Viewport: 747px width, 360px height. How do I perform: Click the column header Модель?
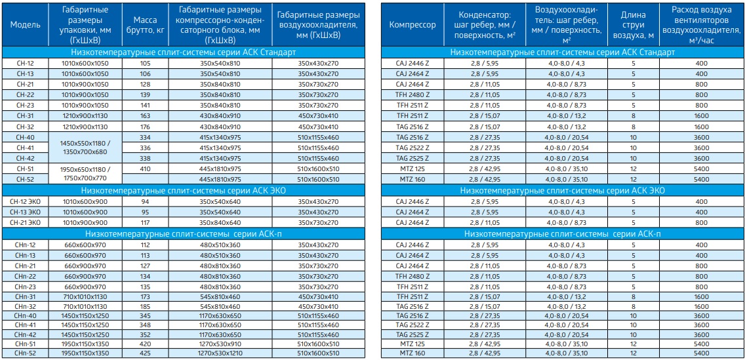point(25,25)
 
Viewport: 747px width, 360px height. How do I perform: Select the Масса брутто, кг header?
point(145,25)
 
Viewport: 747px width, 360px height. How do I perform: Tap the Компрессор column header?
point(413,25)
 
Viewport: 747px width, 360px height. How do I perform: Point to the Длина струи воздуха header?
point(633,25)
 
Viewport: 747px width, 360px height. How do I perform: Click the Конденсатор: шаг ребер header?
point(485,25)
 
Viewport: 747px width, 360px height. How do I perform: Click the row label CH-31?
point(25,115)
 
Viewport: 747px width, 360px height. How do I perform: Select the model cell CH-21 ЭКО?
point(25,222)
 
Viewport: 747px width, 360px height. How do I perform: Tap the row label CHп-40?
point(25,315)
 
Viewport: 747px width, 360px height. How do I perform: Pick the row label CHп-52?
point(25,353)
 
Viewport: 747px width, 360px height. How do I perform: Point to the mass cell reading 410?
point(145,169)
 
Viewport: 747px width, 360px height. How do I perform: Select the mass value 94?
point(145,201)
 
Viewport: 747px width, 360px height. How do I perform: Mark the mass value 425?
point(145,353)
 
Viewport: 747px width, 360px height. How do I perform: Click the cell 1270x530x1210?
point(220,353)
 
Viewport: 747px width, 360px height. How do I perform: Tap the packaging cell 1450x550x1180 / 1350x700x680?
point(85,148)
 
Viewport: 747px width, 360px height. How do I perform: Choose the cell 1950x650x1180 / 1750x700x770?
point(85,174)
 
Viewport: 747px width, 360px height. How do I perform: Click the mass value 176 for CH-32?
point(145,127)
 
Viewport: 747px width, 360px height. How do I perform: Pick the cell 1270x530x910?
point(220,344)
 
